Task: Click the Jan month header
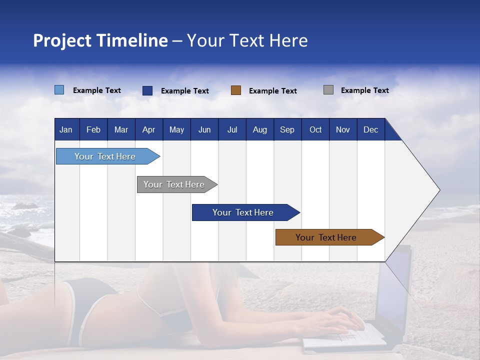coord(66,129)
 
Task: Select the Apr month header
coord(148,129)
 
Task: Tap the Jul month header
coord(232,129)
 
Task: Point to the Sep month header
coord(287,129)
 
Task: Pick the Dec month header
coord(370,129)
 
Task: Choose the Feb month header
coord(93,129)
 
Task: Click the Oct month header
coord(315,129)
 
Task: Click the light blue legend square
coord(59,90)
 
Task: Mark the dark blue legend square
coord(147,90)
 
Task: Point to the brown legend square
coord(236,90)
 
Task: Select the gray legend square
coord(328,90)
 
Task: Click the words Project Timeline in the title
coord(100,40)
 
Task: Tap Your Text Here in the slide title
coord(247,40)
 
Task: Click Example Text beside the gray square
coord(364,90)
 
